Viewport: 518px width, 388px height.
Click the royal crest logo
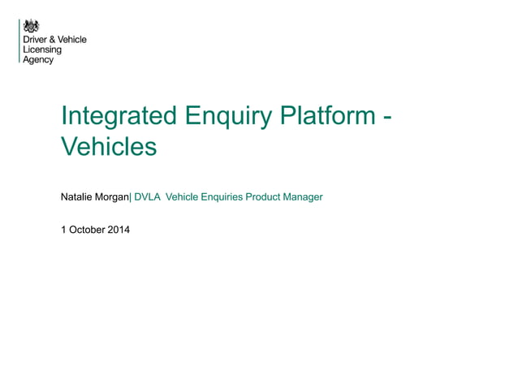coord(31,26)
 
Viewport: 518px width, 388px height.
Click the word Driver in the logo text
coord(35,40)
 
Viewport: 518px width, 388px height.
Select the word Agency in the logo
coord(38,60)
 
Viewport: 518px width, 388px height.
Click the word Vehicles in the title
coord(108,148)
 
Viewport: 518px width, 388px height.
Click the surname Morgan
coord(113,197)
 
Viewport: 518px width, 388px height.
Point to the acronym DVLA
coord(147,197)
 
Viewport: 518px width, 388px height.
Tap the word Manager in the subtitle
coord(304,197)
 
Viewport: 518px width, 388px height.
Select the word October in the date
coord(87,230)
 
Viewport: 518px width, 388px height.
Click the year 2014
coord(118,230)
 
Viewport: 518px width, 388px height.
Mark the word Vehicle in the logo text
coord(71,40)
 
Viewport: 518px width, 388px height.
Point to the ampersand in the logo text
coord(51,40)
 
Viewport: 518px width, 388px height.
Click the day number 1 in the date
coord(64,230)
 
